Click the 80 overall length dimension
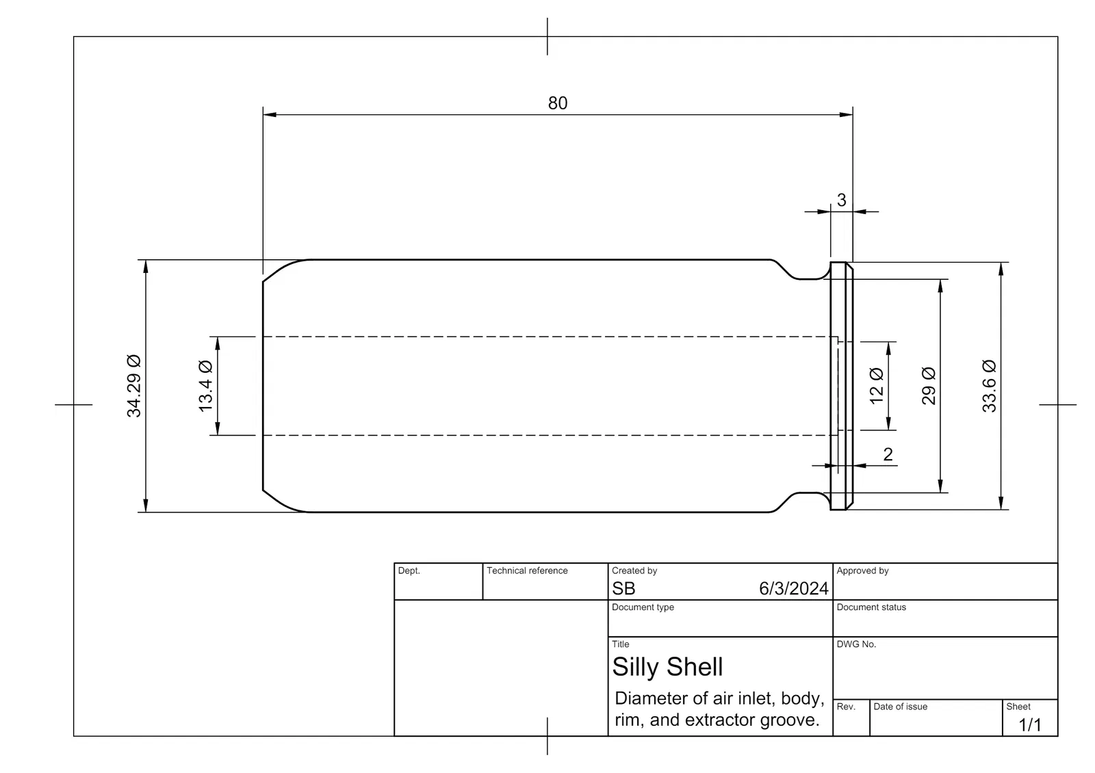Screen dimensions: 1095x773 [x=557, y=103]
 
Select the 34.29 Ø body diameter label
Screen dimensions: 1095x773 [x=134, y=386]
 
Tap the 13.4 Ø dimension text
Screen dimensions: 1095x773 [x=206, y=386]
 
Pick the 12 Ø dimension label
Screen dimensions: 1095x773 [x=877, y=386]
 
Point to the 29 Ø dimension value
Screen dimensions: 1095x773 [x=928, y=386]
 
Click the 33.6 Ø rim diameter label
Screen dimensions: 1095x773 [x=989, y=386]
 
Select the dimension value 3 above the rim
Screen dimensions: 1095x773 [x=841, y=200]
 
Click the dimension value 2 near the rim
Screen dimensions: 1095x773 [x=888, y=454]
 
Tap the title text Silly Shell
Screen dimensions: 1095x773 [x=667, y=667]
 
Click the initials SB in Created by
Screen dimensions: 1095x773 [x=623, y=589]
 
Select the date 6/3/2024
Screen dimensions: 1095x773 [x=793, y=589]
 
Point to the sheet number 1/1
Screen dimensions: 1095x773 [x=1029, y=724]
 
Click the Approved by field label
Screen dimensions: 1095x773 [x=862, y=571]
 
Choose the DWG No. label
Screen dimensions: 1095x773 [x=856, y=644]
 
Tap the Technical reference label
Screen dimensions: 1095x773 [x=527, y=571]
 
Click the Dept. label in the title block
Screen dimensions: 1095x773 [x=409, y=571]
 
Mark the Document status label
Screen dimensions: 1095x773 [x=871, y=607]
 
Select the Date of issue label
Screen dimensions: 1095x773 [x=900, y=707]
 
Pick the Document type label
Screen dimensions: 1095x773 [x=643, y=607]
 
